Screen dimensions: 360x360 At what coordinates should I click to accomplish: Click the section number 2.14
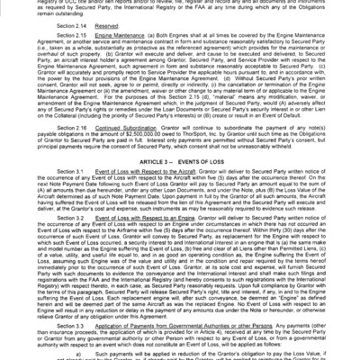coord(62,29)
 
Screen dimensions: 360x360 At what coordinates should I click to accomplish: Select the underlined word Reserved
coord(89,29)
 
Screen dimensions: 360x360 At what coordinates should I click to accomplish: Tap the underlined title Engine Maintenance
coord(101,42)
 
